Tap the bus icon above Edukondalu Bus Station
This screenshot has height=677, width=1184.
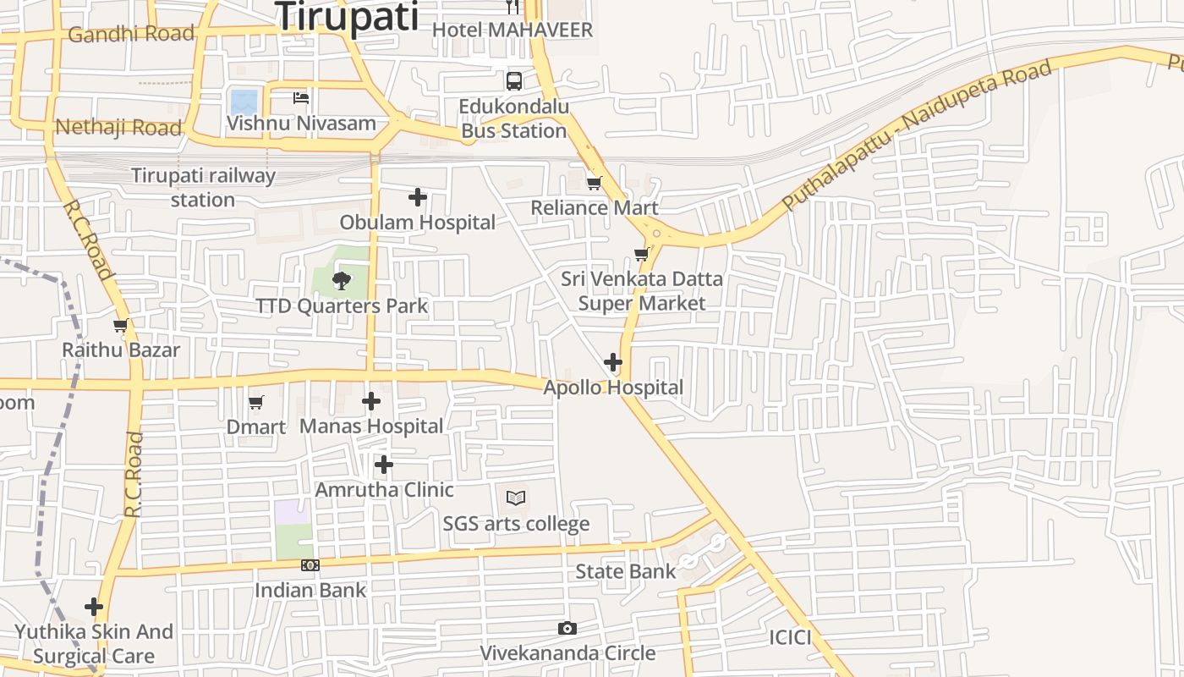(x=514, y=81)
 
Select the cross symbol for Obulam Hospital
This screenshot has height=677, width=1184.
(x=418, y=197)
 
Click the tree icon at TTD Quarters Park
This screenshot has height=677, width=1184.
(x=342, y=279)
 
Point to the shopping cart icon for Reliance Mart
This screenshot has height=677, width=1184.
(x=595, y=183)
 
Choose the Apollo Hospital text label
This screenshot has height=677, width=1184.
(x=613, y=388)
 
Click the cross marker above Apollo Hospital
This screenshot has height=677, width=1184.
(x=613, y=363)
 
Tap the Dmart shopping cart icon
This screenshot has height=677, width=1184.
(x=256, y=402)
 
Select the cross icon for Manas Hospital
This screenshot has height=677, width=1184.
(x=371, y=401)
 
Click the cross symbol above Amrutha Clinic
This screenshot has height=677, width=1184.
(x=384, y=465)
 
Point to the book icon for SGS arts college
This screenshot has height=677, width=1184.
(x=516, y=498)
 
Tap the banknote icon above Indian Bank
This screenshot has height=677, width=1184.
(x=310, y=565)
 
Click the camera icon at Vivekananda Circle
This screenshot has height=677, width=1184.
(x=567, y=628)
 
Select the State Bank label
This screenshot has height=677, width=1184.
(x=626, y=572)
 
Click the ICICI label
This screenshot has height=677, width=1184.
(x=790, y=638)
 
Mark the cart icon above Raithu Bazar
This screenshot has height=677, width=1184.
(x=121, y=326)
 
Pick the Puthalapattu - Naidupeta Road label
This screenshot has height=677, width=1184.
(x=918, y=135)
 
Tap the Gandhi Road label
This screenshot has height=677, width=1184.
(x=131, y=34)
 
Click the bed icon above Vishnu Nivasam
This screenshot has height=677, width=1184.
(x=301, y=98)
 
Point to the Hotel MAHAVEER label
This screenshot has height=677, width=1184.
(x=513, y=30)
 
